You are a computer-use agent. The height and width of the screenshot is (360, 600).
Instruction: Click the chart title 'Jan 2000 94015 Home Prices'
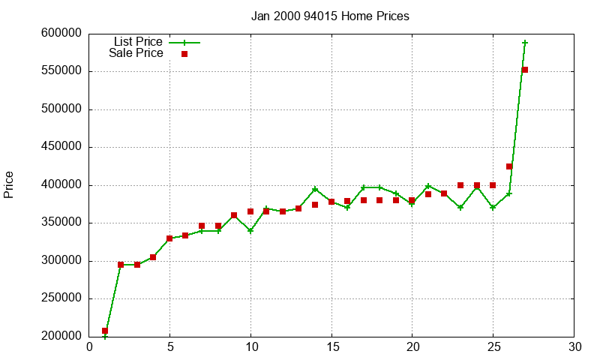330,16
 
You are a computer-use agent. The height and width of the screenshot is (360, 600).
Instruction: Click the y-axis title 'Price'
9,184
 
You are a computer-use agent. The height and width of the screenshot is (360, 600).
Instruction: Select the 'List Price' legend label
138,41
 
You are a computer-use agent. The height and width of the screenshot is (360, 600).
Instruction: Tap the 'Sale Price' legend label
136,53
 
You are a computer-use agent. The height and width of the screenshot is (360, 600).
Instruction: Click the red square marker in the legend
184,54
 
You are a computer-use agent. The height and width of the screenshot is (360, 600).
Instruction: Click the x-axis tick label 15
331,346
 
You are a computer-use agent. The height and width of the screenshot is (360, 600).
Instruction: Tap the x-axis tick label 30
574,346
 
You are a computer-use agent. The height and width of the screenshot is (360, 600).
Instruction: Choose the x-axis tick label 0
89,346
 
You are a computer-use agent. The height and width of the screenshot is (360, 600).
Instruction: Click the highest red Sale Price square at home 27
525,70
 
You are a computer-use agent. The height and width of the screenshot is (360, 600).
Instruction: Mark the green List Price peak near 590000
525,43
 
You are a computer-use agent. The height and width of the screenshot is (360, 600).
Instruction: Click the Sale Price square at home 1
105,331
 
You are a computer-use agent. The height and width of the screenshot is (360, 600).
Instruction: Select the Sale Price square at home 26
509,166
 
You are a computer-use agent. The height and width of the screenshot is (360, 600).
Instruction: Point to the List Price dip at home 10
250,231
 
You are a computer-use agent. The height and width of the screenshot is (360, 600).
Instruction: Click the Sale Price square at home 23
460,185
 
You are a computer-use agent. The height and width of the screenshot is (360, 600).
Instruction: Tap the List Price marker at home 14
315,189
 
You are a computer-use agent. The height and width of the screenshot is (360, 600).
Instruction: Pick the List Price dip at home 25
493,208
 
